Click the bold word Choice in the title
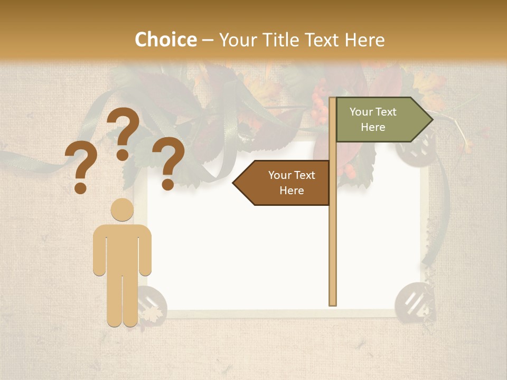pyautogui.click(x=165, y=40)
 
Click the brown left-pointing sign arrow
pyautogui.click(x=283, y=183)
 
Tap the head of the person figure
pyautogui.click(x=122, y=210)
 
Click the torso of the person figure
pyautogui.click(x=122, y=248)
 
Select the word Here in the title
pyautogui.click(x=365, y=40)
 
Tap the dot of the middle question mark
pyautogui.click(x=123, y=155)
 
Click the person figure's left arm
pyautogui.click(x=99, y=251)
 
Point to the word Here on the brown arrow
pyautogui.click(x=292, y=191)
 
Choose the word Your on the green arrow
pyautogui.click(x=361, y=112)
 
